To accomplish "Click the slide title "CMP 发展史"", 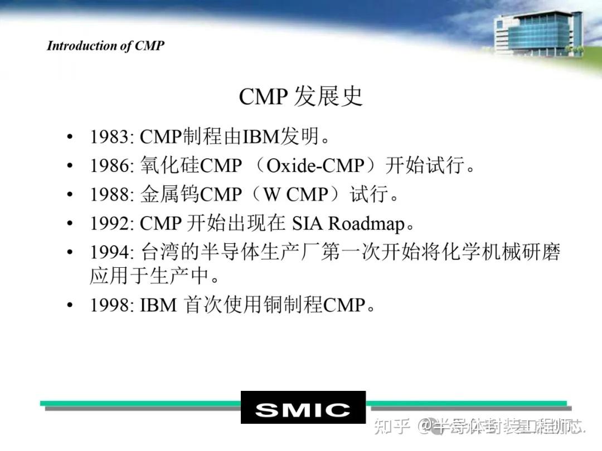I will (x=300, y=96).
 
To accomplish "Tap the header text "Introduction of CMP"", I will (x=106, y=46).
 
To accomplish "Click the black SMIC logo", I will (x=303, y=408).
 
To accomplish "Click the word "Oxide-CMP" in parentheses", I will (x=315, y=165).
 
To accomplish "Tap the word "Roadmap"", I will (x=366, y=223).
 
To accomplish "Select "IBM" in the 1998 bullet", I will (x=158, y=305).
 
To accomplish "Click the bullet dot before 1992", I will (x=69, y=224).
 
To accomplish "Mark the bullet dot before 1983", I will (x=69, y=137).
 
